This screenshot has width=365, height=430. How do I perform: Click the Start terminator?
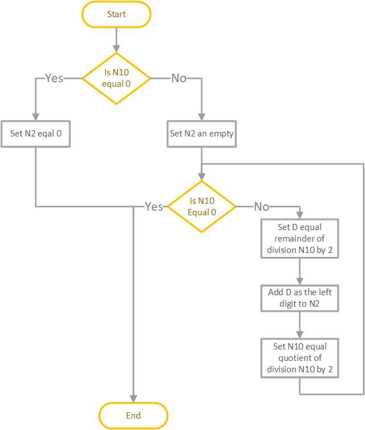pyautogui.click(x=116, y=14)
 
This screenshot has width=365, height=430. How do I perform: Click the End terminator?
pyautogui.click(x=133, y=415)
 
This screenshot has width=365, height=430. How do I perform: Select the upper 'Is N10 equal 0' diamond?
pyautogui.click(x=116, y=78)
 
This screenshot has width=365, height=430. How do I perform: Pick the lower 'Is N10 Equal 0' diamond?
pyautogui.click(x=202, y=207)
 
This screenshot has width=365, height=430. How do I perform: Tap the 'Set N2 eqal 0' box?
pyautogui.click(x=35, y=134)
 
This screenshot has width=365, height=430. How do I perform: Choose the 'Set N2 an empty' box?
pyautogui.click(x=202, y=134)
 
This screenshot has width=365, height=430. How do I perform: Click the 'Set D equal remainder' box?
pyautogui.click(x=299, y=239)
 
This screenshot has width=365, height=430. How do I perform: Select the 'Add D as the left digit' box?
pyautogui.click(x=299, y=298)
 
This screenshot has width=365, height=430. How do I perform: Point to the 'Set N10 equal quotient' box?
pyautogui.click(x=299, y=358)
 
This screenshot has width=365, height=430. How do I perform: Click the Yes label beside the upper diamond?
pyautogui.click(x=54, y=78)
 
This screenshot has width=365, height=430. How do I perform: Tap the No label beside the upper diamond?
pyautogui.click(x=179, y=78)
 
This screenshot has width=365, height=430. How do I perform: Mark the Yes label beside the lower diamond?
pyautogui.click(x=154, y=207)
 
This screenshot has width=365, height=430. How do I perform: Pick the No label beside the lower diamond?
pyautogui.click(x=262, y=207)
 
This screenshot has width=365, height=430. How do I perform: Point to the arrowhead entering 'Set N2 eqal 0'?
pyautogui.click(x=35, y=116)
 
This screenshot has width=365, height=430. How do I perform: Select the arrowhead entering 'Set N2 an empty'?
pyautogui.click(x=202, y=116)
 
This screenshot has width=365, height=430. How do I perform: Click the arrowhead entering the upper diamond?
pyautogui.click(x=116, y=49)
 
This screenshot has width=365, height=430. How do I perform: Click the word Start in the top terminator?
pyautogui.click(x=116, y=14)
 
